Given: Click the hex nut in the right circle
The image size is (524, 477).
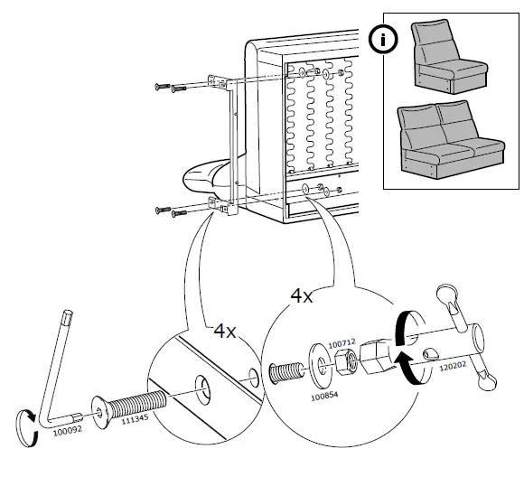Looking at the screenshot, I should pos(344,361).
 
